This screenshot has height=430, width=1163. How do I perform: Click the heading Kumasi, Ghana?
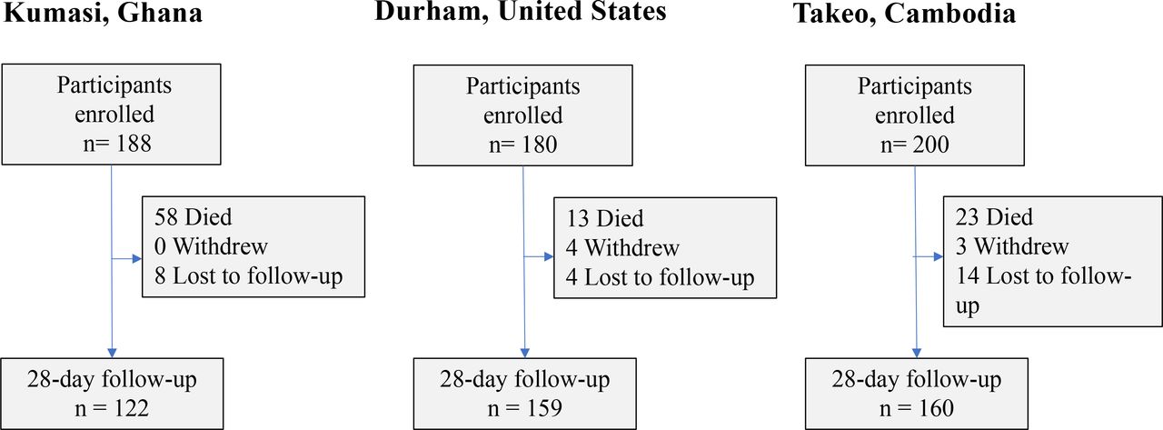click(x=103, y=13)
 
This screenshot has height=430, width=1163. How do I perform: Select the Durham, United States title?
click(x=521, y=12)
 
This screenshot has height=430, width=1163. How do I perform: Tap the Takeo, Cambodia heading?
click(x=904, y=13)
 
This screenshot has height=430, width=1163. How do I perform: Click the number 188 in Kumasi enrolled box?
click(x=134, y=144)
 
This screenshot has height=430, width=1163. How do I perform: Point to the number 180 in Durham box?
click(x=540, y=145)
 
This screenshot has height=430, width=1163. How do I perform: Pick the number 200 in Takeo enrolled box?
click(x=932, y=145)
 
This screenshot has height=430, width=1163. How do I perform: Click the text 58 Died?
click(x=194, y=217)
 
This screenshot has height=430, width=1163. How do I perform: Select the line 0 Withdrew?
click(x=211, y=246)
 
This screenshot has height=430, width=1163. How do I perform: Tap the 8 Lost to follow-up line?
click(x=248, y=276)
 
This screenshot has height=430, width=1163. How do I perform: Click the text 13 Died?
click(x=605, y=218)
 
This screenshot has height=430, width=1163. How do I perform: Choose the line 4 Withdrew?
click(x=622, y=247)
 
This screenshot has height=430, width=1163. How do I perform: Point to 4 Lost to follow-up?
click(x=660, y=278)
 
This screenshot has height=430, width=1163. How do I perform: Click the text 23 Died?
click(x=994, y=217)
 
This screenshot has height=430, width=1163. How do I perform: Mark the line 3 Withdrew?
click(x=1012, y=246)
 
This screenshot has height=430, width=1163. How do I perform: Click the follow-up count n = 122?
click(x=112, y=408)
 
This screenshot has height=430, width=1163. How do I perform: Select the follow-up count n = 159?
click(x=525, y=408)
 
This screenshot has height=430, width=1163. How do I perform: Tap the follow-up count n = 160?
click(x=917, y=408)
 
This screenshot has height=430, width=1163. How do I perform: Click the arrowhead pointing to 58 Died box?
click(x=137, y=258)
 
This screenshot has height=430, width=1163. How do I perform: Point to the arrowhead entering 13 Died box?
click(x=549, y=256)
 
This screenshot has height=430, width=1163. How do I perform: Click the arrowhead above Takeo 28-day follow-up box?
click(x=917, y=353)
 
